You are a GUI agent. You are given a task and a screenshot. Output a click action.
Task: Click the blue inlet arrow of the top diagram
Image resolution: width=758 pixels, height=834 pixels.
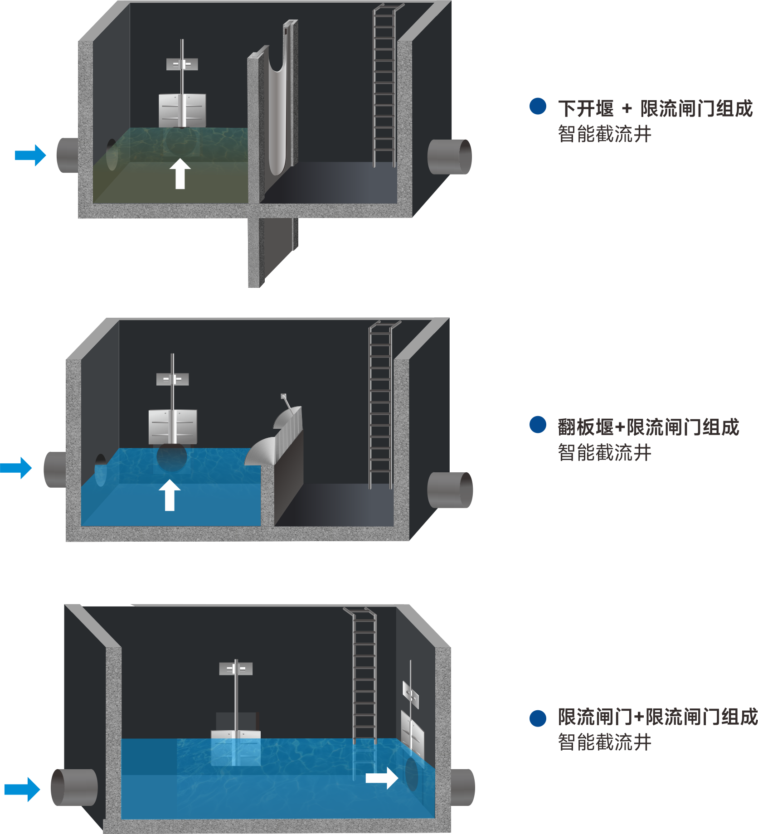coord(30,155)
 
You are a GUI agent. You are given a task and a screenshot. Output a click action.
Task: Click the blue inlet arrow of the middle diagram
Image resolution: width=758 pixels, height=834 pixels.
coord(16,468)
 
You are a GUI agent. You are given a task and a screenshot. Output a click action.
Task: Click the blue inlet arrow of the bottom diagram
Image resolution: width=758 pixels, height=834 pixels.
coord(22,790)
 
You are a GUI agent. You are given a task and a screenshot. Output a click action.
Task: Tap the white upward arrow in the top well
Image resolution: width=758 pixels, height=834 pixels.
coord(180,174)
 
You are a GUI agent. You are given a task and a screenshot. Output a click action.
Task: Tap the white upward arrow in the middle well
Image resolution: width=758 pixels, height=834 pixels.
coord(170,495)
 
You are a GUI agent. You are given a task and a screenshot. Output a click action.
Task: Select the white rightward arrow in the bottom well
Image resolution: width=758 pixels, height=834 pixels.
coord(382,778)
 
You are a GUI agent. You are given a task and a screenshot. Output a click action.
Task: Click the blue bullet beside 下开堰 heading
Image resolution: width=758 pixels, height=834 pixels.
coord(538,106)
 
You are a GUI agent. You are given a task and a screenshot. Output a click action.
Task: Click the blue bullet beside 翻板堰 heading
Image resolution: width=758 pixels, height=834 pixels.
coord(538,425)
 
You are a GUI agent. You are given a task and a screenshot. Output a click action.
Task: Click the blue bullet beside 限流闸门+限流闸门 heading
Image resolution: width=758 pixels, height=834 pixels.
coord(538,718)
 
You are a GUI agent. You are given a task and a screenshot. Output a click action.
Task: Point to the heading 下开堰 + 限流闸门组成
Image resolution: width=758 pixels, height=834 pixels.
coord(656,109)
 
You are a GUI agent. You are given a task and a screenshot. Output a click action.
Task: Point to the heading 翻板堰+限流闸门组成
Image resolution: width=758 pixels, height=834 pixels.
coord(649,427)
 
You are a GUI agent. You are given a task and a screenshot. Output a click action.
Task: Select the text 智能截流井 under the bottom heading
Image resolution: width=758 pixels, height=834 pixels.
coord(605,742)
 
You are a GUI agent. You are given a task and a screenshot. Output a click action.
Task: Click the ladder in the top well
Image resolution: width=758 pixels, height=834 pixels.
coord(384,86)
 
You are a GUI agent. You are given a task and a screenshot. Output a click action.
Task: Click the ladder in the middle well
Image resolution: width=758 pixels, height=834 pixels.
coord(380,405)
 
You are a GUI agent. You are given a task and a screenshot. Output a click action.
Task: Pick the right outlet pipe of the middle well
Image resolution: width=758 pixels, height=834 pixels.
coord(450,490)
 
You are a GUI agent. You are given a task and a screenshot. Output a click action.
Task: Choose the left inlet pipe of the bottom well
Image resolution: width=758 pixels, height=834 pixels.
coord(74,787)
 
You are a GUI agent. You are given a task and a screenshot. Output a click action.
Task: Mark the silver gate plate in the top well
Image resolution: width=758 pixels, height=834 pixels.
coord(182,110)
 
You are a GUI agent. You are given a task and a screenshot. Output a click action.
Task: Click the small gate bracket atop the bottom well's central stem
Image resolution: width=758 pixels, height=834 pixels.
coord(236,669)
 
